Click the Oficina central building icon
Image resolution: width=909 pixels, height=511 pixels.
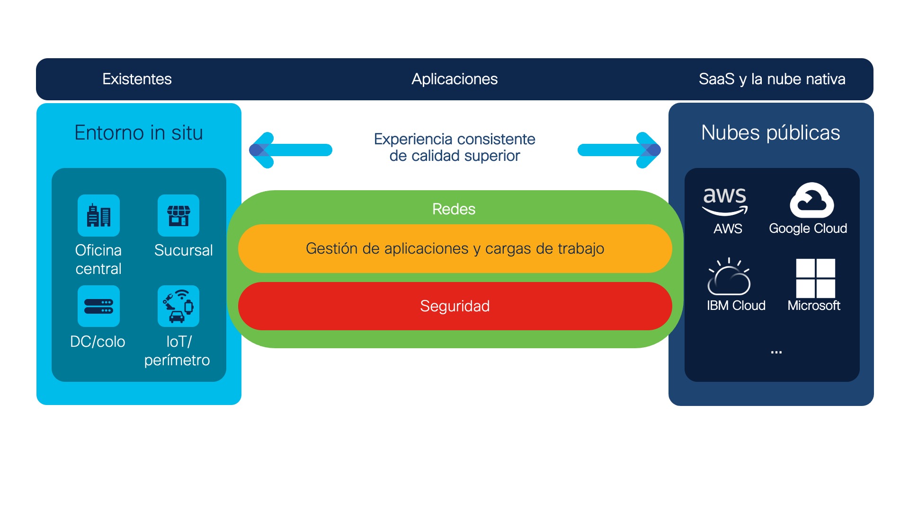pos(98,216)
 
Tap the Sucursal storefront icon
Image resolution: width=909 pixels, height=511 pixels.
pos(178,216)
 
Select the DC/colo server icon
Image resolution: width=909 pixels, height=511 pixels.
pos(98,306)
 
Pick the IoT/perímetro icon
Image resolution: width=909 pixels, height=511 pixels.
pos(178,306)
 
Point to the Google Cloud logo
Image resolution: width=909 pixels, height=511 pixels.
pos(811,201)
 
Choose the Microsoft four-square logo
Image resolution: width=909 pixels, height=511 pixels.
pos(815,278)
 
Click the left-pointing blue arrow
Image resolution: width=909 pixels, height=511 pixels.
pos(290,150)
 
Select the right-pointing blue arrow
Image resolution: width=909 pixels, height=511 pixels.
pos(619,150)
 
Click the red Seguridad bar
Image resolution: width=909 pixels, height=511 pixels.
pos(454,306)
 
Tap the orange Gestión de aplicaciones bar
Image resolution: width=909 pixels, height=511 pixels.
pos(454,248)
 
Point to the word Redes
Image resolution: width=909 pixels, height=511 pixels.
pos(454,209)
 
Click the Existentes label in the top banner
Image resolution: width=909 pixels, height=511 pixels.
pos(137,79)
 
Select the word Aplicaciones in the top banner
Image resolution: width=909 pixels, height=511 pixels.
pos(454,79)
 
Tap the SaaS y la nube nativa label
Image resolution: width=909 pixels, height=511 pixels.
pos(772,79)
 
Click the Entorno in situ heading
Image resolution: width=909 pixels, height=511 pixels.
pos(139,133)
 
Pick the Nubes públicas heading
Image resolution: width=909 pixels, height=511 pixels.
pos(771,133)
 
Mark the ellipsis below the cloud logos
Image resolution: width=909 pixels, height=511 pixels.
pos(776,352)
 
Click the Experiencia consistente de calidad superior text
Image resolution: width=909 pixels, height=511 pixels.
pos(454,147)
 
